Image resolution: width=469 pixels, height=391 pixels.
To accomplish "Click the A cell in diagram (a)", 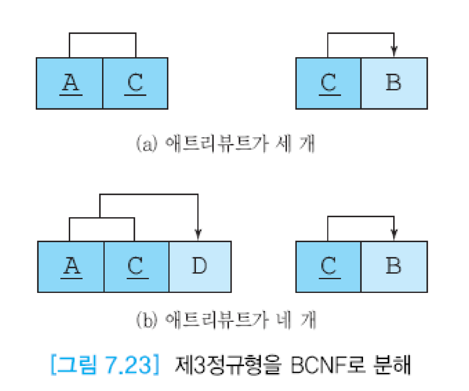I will coord(70,83).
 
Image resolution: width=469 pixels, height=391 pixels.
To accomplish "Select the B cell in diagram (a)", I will coord(394,83).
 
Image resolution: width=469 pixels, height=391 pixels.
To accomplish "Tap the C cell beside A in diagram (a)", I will coord(135,83).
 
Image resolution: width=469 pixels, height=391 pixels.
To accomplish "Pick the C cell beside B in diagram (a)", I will coord(329,83).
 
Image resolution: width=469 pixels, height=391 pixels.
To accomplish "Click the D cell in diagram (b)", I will coord(199,267).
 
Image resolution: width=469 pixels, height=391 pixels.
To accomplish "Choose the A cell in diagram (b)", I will coord(71,267).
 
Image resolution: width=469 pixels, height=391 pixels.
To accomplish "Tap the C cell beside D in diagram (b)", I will coord(136,267).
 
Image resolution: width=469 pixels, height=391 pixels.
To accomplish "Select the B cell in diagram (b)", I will coord(394,267).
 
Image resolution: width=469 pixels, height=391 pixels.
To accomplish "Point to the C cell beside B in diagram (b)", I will coord(329,267).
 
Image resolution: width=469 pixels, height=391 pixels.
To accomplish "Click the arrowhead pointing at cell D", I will coord(198,235).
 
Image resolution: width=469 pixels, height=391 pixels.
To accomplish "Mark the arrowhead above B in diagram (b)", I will coord(394,235).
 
